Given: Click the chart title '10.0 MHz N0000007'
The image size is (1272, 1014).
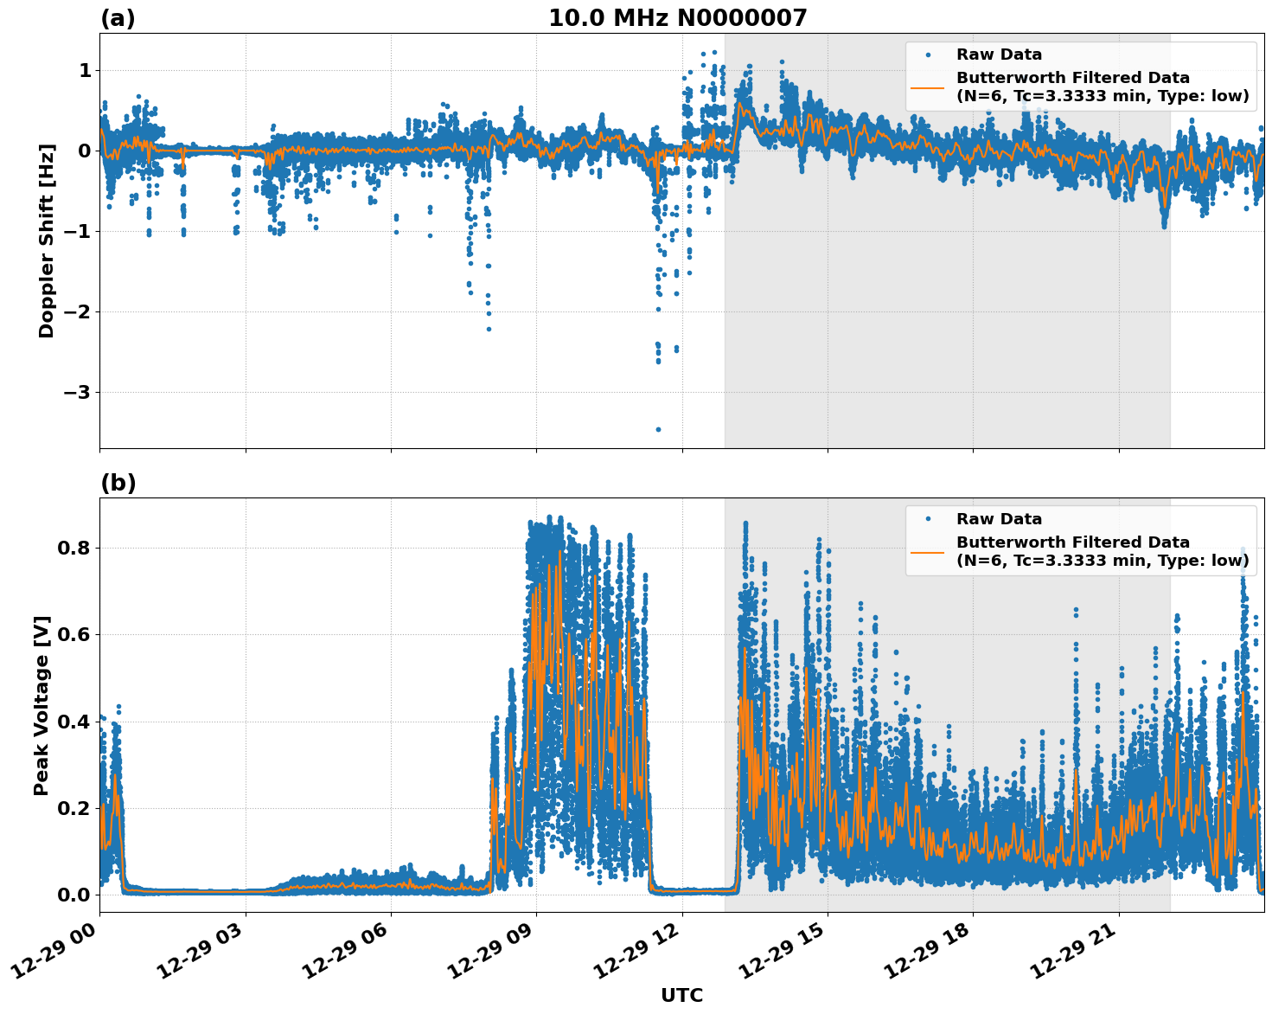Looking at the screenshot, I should (x=677, y=18).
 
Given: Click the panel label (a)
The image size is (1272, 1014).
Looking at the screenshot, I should (x=118, y=18).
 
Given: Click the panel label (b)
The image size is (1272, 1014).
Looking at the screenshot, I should (x=118, y=483).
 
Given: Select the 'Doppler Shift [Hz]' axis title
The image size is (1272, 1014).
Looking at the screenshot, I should (x=47, y=241).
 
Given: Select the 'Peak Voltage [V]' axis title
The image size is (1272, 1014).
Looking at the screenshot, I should (x=42, y=705).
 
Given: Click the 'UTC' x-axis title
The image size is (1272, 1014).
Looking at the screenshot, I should (x=681, y=995).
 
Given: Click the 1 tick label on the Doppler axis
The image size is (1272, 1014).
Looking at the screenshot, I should (x=85, y=71).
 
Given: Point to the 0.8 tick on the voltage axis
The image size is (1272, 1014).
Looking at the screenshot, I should (x=74, y=549).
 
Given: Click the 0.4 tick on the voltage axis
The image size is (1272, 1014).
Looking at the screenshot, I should (x=74, y=722).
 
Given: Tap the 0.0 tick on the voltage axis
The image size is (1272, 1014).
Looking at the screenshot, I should (x=74, y=895).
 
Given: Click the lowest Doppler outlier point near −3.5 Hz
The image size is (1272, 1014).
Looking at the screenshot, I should (x=658, y=429).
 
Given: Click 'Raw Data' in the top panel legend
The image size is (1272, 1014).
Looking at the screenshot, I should (x=999, y=55).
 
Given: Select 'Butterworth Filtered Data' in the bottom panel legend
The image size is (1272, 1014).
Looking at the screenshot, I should (x=1072, y=542).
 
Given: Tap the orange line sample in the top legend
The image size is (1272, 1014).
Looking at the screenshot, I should (x=927, y=87).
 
